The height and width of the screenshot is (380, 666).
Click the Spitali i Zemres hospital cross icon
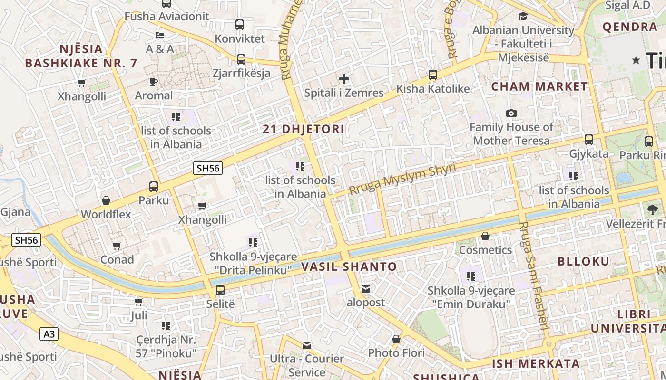[344, 79]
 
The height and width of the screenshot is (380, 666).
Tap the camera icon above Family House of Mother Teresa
[511, 113]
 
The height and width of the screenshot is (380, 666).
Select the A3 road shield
[49, 334]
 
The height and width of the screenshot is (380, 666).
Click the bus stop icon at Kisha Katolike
[433, 75]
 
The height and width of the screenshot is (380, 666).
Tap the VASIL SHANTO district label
[349, 267]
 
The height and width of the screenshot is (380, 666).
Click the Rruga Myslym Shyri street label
[402, 179]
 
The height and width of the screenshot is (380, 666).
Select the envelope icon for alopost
[366, 289]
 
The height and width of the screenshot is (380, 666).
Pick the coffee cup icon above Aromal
[154, 82]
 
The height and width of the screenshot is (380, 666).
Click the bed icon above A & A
[160, 35]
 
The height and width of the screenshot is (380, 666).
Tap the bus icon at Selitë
[220, 290]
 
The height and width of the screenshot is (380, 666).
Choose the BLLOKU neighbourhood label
[583, 261]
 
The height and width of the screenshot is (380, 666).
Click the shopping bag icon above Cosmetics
[485, 236]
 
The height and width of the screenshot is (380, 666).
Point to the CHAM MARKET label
[539, 86]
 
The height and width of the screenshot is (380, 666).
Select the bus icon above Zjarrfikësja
[241, 59]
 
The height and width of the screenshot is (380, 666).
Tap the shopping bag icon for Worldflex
[106, 200]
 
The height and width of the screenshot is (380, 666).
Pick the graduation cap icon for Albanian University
[523, 17]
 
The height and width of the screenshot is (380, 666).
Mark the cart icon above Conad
[117, 246]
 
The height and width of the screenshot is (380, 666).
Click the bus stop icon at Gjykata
[589, 140]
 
